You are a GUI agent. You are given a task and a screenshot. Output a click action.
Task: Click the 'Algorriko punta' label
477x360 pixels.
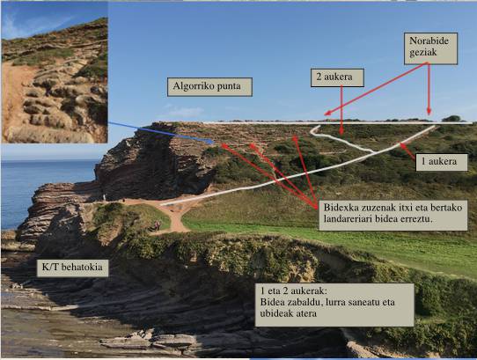pyautogui.click(x=209, y=87)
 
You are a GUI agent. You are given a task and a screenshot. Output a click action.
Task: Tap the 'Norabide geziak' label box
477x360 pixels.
pyautogui.click(x=430, y=48)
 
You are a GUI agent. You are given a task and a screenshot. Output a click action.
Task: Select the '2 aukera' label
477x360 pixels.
pyautogui.click(x=337, y=77)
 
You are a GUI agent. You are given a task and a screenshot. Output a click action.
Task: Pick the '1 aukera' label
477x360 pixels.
pyautogui.click(x=442, y=162)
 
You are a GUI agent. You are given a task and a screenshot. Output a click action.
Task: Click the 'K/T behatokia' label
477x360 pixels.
pyautogui.click(x=72, y=268)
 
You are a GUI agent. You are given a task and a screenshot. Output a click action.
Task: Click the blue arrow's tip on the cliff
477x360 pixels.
pyautogui.click(x=215, y=142)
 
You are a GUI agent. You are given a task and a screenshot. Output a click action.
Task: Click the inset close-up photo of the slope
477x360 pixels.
pyautogui.click(x=55, y=72)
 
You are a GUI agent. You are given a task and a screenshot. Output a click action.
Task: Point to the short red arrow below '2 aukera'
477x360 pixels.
pyautogui.click(x=341, y=110)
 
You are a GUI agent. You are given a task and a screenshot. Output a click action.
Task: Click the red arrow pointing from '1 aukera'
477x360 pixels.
pyautogui.click(x=407, y=151)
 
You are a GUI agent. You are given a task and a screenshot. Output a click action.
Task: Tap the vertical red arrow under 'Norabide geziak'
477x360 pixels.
pyautogui.click(x=429, y=89)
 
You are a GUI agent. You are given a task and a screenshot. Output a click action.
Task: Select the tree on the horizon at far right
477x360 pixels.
pyautogui.click(x=451, y=118)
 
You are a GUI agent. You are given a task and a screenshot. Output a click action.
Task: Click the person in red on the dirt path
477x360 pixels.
pyautogui.click(x=157, y=225)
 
